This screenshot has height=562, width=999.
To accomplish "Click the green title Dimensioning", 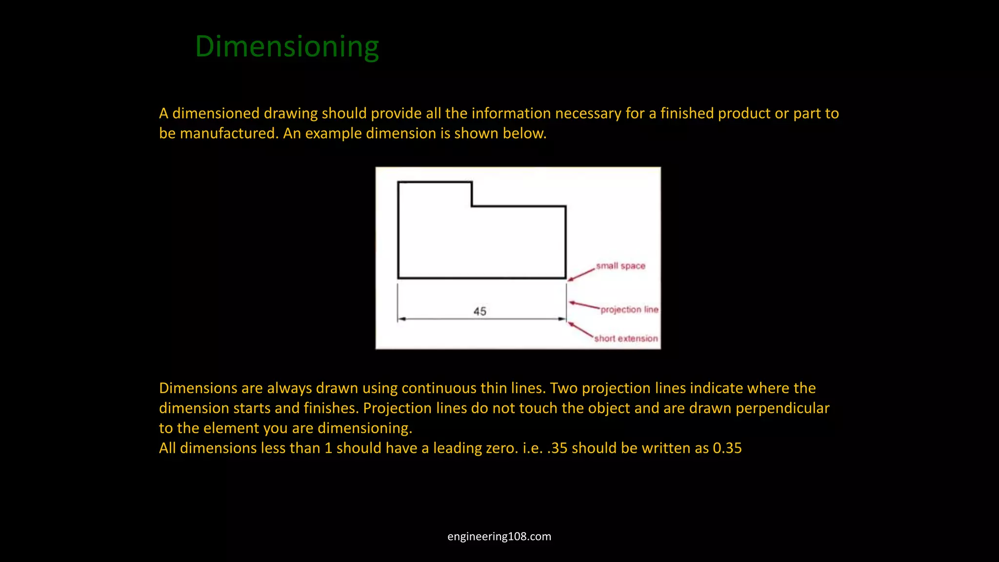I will [x=287, y=47].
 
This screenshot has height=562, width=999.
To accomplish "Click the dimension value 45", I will [x=480, y=311].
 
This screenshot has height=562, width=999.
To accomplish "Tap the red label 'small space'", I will [x=620, y=266].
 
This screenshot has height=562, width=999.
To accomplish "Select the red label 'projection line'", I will [x=629, y=310].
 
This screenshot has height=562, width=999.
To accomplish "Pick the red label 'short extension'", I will [x=626, y=339].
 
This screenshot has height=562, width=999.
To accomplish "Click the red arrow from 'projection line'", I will [x=584, y=305].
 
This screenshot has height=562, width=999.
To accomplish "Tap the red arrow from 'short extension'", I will [x=580, y=330].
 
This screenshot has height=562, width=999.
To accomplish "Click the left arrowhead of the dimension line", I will [x=401, y=319].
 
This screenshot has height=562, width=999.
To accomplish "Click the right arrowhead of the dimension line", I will [x=562, y=319].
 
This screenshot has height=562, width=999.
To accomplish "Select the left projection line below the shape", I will [x=398, y=302].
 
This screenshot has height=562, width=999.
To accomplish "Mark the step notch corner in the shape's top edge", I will [x=472, y=206].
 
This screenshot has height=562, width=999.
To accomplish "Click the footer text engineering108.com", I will [x=499, y=537].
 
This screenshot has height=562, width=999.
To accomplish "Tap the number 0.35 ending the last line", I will [x=727, y=448].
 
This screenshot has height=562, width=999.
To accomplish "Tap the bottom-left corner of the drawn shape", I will [x=399, y=278].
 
